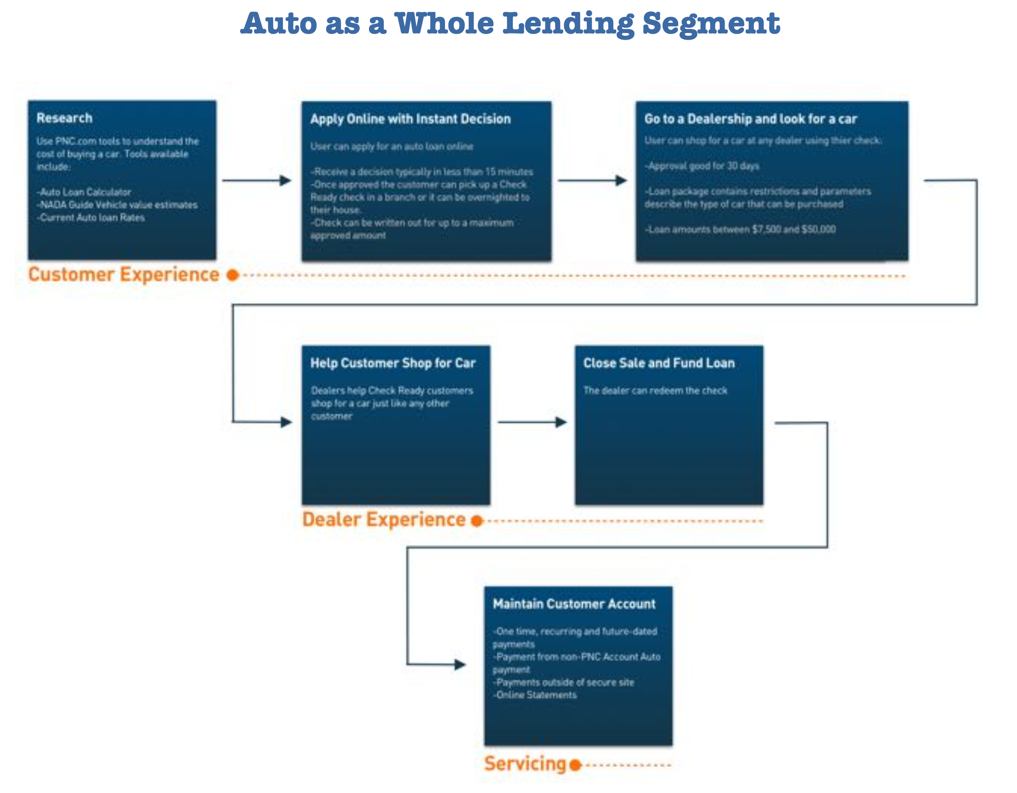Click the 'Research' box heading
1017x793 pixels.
point(64,118)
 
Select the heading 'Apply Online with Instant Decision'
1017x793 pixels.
point(410,119)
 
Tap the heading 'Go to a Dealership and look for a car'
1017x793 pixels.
point(750,119)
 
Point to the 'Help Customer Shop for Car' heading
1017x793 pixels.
point(393,363)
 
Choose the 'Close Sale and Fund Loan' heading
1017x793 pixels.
point(659,363)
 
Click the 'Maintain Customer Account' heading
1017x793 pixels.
point(574,604)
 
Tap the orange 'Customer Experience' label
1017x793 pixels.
point(124,275)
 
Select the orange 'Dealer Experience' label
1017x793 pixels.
point(384,519)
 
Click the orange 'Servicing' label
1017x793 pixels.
point(525,764)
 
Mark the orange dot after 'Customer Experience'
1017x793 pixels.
point(233,275)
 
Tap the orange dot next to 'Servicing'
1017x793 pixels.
point(576,765)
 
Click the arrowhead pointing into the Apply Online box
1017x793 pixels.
point(286,181)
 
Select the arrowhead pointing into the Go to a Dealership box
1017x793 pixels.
point(621,181)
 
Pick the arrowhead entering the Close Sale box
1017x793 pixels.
point(561,422)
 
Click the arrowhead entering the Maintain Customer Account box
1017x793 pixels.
point(460,664)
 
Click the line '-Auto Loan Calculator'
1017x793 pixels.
point(85,192)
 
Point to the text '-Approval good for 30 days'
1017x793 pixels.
point(702,166)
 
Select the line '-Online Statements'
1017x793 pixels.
point(535,695)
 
